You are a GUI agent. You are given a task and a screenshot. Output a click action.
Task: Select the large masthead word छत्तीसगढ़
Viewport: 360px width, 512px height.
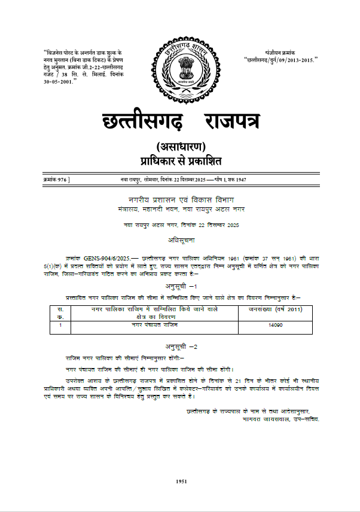coord(136,119)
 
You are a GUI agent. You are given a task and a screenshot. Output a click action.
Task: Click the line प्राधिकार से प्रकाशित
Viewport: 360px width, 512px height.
coord(180,161)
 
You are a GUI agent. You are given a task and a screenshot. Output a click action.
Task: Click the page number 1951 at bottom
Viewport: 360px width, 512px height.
coord(182,482)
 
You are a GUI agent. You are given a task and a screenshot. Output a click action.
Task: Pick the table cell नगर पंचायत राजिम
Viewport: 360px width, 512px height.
coord(154,326)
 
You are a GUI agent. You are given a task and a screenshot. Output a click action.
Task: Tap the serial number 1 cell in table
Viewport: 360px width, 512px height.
coord(61,326)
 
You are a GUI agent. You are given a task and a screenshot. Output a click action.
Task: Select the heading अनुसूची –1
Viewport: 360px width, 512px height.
coord(181,287)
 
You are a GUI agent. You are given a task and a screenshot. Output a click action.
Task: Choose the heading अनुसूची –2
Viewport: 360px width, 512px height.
coord(181,347)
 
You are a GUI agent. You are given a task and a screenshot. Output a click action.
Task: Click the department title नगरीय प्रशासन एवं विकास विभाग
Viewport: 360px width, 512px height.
coord(181,199)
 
